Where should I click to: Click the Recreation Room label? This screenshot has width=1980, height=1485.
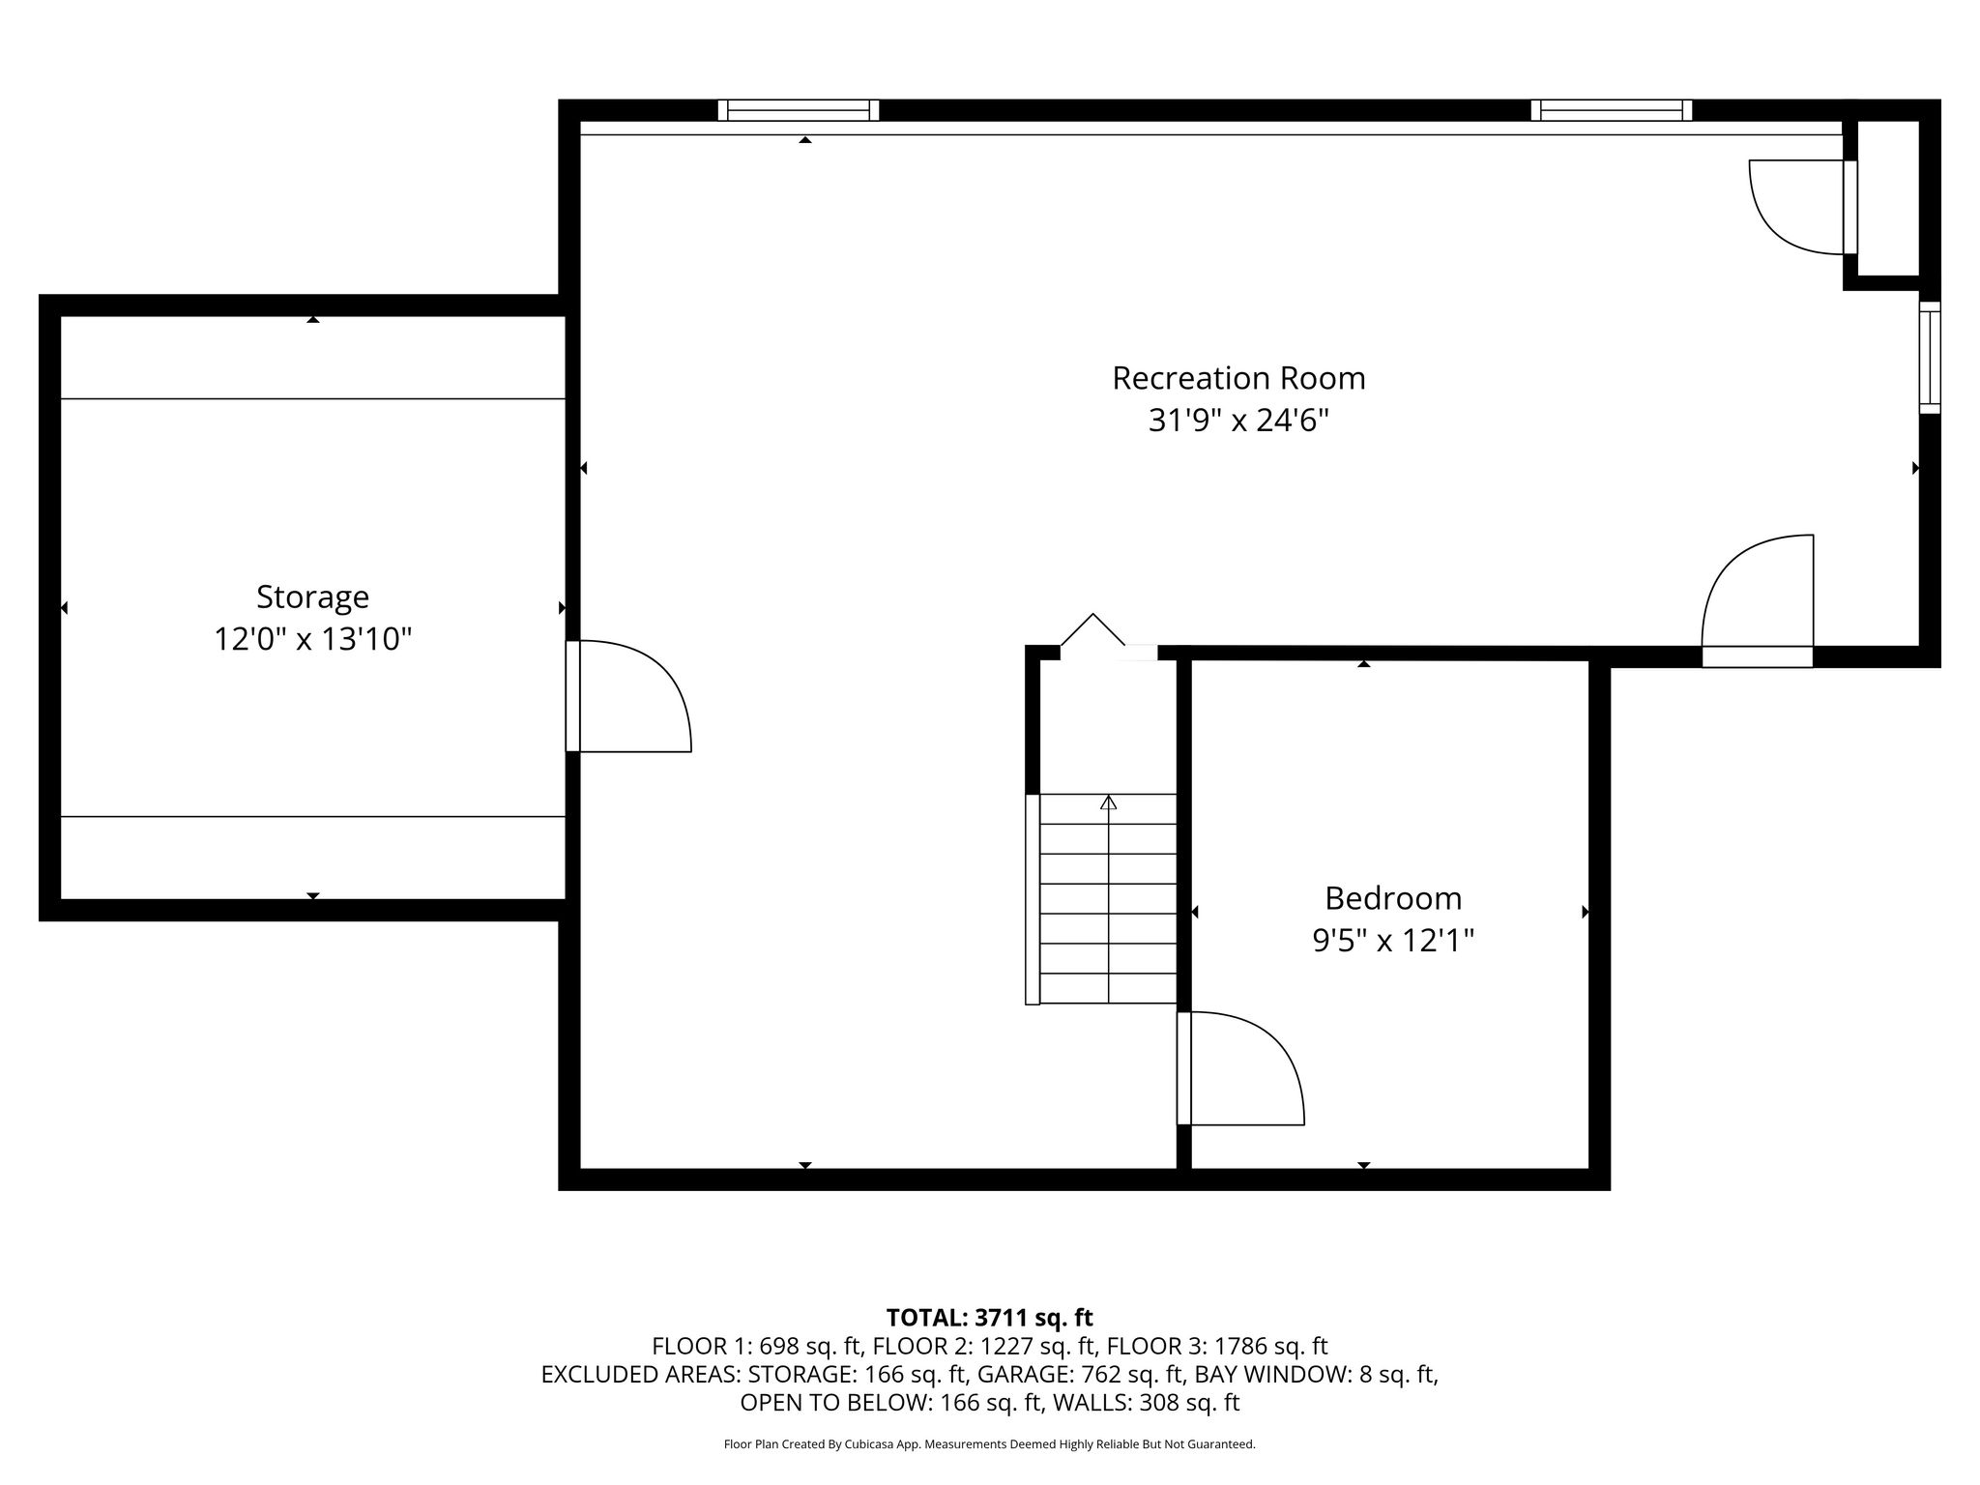[1238, 378]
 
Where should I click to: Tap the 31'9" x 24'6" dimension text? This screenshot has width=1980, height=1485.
[1238, 421]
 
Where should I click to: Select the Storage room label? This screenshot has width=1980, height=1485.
[312, 597]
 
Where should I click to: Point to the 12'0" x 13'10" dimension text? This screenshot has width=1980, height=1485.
[312, 639]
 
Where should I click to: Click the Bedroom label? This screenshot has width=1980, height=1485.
[1393, 898]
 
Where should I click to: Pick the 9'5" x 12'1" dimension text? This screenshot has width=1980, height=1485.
[1393, 941]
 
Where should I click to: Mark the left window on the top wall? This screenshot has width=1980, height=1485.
[799, 110]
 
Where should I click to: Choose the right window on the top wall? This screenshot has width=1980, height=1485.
[1612, 110]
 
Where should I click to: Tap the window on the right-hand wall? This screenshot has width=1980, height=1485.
[1930, 358]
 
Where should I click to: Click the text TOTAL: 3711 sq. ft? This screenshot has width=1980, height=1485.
[990, 1318]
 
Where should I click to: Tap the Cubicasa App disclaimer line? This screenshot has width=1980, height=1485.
[990, 1444]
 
